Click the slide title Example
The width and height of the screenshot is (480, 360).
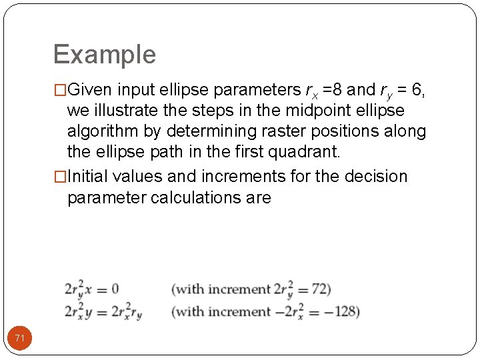(104, 55)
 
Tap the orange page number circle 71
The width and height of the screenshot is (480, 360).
(20, 339)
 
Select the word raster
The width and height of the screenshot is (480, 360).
(303, 131)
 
